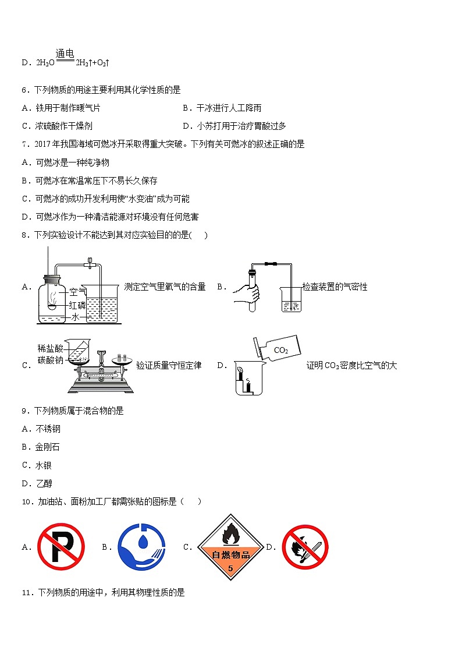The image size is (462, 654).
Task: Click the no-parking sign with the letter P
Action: [61, 547]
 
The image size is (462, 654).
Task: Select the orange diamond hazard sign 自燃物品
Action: [231, 547]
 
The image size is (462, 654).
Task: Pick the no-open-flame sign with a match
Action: [305, 547]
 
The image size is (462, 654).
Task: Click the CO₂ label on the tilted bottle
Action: [280, 351]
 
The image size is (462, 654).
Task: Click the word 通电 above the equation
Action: [65, 54]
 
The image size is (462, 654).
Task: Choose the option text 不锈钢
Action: [48, 429]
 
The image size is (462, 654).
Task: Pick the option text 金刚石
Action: [48, 447]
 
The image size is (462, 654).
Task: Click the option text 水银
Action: [44, 465]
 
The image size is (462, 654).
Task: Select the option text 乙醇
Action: [44, 483]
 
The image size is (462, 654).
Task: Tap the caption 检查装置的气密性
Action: [335, 287]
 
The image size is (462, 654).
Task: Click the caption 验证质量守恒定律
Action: [169, 366]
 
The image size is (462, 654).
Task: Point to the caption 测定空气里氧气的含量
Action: [165, 287]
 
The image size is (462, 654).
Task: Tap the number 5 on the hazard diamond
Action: [230, 568]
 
